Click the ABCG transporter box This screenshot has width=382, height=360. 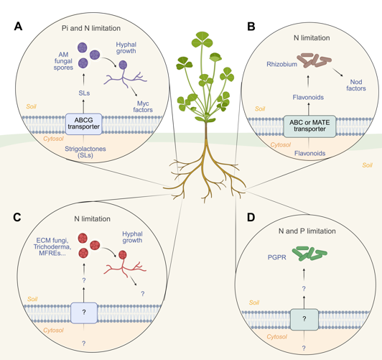coord(83,123)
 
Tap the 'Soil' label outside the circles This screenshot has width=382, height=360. coord(367,165)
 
